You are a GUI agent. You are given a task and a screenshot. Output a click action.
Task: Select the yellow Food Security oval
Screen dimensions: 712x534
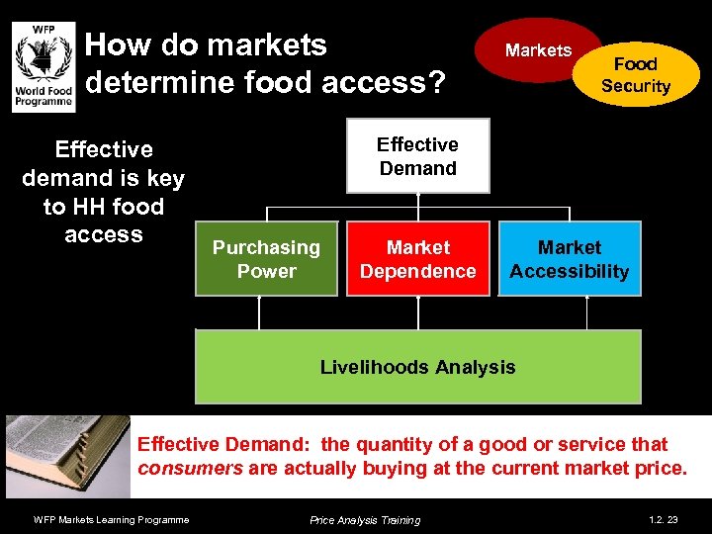pos(637,75)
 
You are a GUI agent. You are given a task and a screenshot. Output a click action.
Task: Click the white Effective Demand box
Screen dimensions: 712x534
pos(417,156)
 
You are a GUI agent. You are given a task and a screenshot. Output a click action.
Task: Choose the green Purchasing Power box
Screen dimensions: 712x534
pos(267,259)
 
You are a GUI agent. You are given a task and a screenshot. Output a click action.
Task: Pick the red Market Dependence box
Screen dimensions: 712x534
pos(417,259)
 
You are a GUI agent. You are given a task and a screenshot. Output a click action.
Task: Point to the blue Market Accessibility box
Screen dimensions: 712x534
pos(570,259)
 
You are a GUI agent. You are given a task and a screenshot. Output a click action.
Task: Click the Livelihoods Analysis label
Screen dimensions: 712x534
pos(417,368)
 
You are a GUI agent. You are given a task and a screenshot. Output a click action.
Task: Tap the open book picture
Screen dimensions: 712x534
pos(67,455)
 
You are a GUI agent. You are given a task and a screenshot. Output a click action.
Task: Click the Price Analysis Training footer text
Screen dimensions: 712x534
pos(364,520)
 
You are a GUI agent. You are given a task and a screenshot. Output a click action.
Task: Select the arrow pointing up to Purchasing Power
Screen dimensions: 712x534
pos(259,312)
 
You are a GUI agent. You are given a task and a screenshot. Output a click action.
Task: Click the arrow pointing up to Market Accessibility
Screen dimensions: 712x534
pos(587,312)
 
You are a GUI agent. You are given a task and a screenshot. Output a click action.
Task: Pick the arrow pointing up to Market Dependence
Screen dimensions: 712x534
pos(418,312)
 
